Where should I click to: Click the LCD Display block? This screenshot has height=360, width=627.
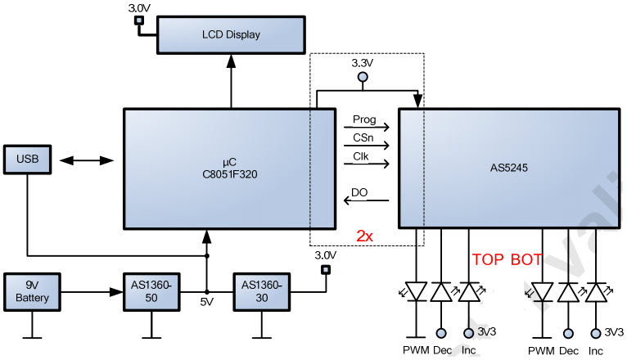click(x=230, y=35)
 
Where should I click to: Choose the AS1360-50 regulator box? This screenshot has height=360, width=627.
click(x=151, y=291)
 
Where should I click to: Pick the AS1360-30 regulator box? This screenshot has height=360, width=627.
click(x=261, y=291)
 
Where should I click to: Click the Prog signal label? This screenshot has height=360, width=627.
click(x=365, y=119)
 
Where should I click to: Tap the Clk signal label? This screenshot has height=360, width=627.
click(x=362, y=156)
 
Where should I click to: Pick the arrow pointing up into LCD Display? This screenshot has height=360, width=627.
click(x=230, y=82)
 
